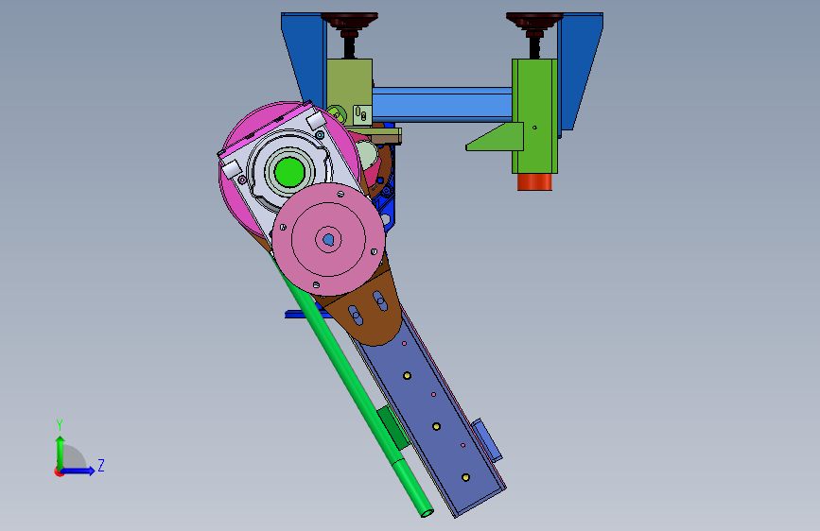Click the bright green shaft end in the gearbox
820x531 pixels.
coord(289,172)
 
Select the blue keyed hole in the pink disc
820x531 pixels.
coord(328,239)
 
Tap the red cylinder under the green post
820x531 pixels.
coord(534,181)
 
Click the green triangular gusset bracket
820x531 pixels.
coord(495,137)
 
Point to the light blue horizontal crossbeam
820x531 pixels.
coord(442,105)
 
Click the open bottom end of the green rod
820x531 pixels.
coord(427,513)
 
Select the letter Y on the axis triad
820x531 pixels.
coord(60,425)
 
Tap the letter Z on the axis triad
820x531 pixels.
coord(101,465)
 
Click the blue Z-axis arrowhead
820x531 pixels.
coord(91,471)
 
